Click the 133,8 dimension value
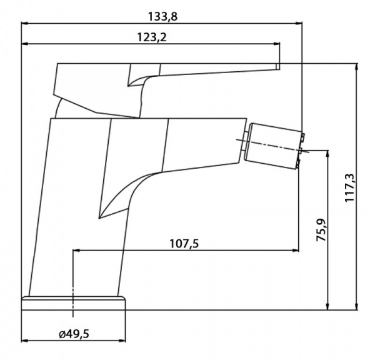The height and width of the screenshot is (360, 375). point(162,17)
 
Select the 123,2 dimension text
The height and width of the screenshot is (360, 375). point(152,37)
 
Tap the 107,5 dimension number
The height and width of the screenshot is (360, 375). point(184,244)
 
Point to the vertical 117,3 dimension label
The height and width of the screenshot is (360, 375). point(350,187)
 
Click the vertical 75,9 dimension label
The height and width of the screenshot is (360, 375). point(321,230)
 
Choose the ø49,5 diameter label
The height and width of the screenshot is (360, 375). point(74,334)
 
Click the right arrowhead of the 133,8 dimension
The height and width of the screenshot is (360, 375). point(299,23)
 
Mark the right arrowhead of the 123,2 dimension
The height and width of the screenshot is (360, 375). point(277,44)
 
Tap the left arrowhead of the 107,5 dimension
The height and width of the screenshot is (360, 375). point(76,250)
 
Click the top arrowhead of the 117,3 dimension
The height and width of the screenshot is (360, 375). point(357,67)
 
